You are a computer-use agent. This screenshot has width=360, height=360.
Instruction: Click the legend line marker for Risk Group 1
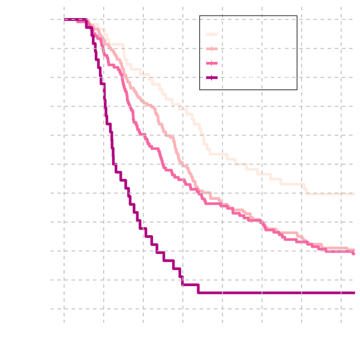tap(212, 34)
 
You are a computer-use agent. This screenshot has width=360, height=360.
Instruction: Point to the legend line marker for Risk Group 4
tap(212, 77)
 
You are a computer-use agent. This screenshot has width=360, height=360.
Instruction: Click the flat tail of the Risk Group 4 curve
tap(276, 293)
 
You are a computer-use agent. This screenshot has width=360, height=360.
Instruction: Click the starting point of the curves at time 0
tap(64, 20)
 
